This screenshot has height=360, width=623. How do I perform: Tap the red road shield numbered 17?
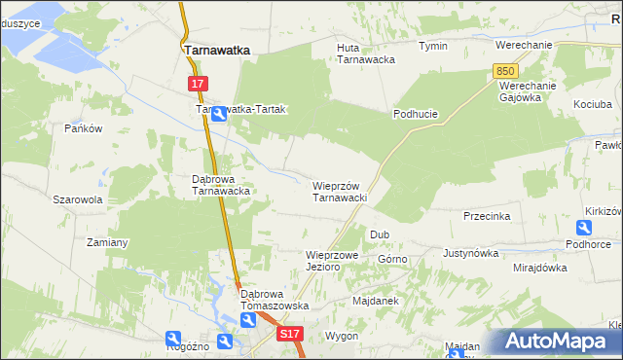[x=198, y=85]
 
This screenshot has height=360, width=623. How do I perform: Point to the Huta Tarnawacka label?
[x=365, y=53]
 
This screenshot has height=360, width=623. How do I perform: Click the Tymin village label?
[x=433, y=46]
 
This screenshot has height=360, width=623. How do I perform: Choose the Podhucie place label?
[x=416, y=114]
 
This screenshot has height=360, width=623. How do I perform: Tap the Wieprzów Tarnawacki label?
[x=339, y=192]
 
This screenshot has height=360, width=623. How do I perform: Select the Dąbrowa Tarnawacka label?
[x=222, y=185]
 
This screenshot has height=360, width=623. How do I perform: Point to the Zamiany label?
[x=108, y=241]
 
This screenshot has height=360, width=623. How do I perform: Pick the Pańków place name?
[x=83, y=128]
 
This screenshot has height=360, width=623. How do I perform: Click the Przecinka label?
[x=488, y=216]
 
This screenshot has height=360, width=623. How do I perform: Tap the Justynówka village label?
[x=470, y=253]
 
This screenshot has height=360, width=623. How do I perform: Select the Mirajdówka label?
[x=540, y=267]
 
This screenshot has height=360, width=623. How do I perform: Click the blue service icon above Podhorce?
[x=583, y=228]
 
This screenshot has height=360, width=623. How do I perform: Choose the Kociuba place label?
[x=593, y=104]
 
